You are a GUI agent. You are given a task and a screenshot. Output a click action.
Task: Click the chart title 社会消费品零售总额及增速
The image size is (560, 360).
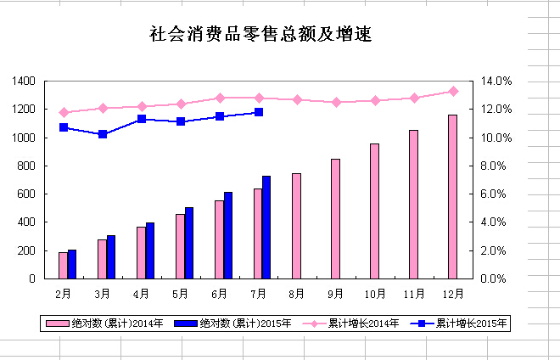click(x=260, y=35)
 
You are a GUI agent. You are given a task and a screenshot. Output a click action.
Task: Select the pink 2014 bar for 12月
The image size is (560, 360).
click(x=452, y=197)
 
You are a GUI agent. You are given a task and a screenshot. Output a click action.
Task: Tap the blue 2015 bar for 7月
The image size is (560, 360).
click(x=266, y=228)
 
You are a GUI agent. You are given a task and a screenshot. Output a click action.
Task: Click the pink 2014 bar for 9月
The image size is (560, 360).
click(x=335, y=219)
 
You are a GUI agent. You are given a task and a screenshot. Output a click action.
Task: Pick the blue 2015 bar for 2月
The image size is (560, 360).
click(x=72, y=264)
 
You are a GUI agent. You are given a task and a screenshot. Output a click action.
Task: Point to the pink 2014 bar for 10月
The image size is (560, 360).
click(x=374, y=211)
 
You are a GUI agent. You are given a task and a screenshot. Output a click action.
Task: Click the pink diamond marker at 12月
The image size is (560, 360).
click(x=453, y=91)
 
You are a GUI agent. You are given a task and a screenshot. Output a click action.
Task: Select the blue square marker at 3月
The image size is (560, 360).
click(x=103, y=134)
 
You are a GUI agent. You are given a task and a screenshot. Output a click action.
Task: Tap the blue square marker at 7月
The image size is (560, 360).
click(x=259, y=112)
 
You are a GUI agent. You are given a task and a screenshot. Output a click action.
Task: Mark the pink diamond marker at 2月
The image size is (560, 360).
click(x=64, y=112)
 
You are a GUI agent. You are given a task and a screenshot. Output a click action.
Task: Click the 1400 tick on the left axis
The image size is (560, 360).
click(x=24, y=81)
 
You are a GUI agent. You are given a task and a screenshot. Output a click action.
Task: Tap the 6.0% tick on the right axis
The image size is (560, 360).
click(x=496, y=194)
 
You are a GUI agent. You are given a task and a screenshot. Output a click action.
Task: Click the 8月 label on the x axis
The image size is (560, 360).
click(x=297, y=294)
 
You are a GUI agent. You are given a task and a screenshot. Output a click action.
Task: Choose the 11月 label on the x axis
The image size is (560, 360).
click(x=414, y=294)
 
